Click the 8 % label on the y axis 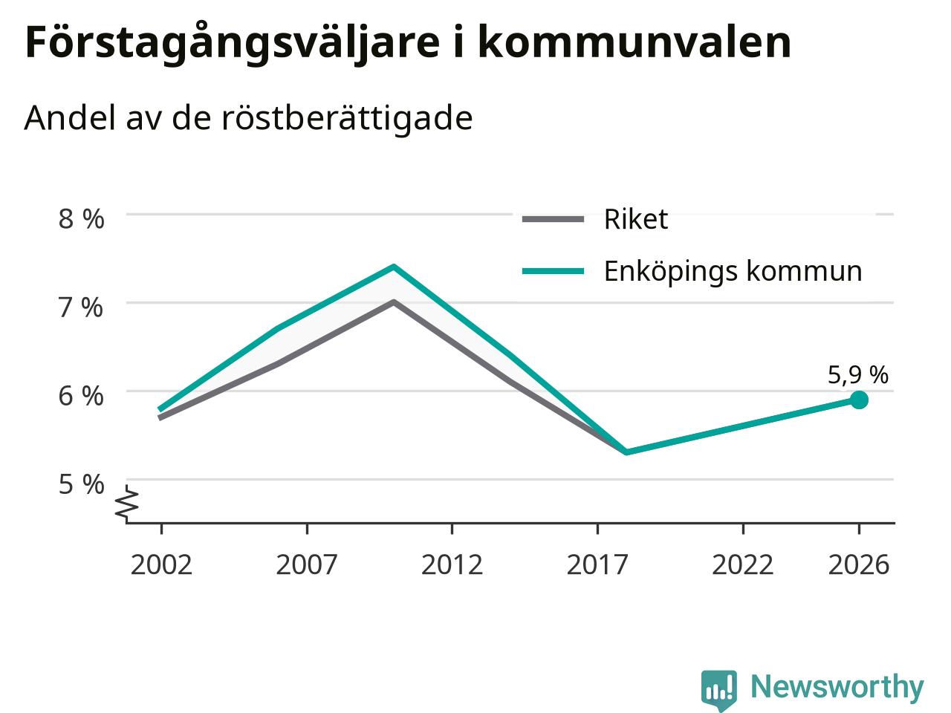point(82,219)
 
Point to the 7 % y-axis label point(81,307)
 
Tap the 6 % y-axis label point(81,396)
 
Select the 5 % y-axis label point(81,484)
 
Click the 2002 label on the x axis point(161,565)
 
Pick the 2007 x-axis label point(307,565)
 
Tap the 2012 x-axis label point(452,565)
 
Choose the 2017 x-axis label point(597,565)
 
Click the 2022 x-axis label point(743,565)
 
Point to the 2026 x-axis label point(859,565)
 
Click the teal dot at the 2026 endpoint point(859,400)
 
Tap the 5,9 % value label point(858,375)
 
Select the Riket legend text point(635,219)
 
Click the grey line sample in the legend point(554,219)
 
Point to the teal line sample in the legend point(554,271)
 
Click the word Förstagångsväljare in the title point(233,44)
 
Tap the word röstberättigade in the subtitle point(347,118)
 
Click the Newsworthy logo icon point(718,691)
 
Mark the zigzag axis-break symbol point(126,502)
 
